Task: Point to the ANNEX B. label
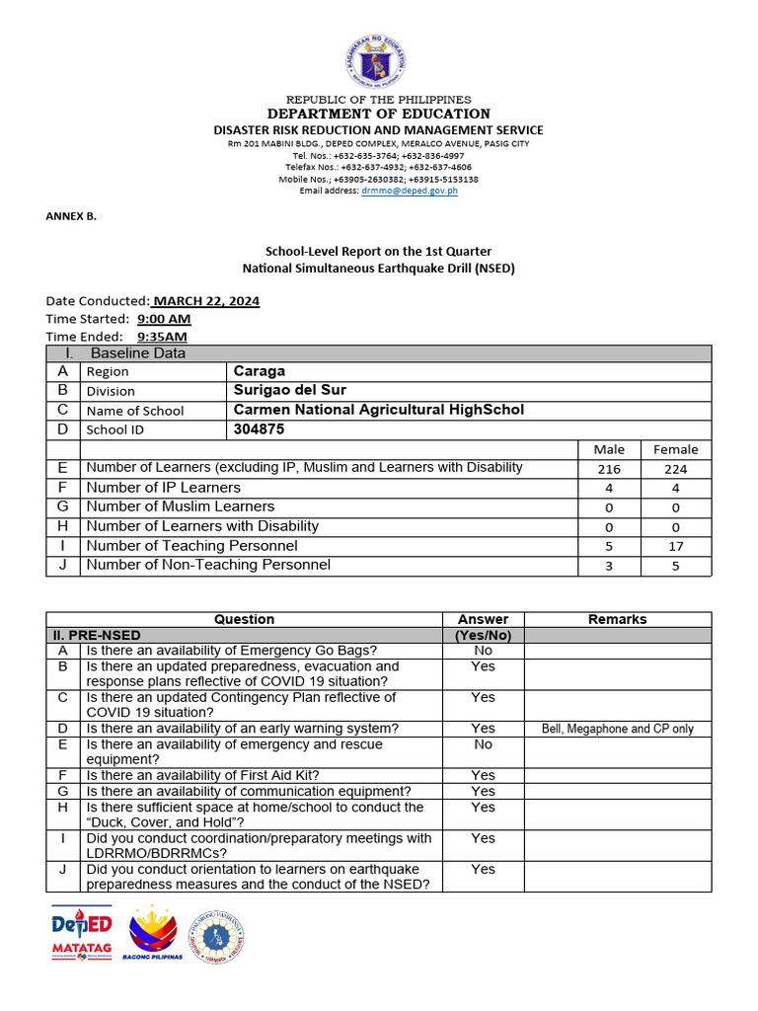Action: (71, 215)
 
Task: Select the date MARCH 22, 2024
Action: (206, 301)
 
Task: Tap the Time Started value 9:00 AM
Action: (164, 319)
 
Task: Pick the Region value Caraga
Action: (259, 371)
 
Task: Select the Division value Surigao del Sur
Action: (290, 390)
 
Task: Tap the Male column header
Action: (609, 449)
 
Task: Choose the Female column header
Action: (675, 449)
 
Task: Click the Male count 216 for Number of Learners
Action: (609, 469)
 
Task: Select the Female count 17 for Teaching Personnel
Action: (675, 546)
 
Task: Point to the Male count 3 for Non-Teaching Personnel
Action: (609, 566)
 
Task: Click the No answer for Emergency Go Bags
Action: (483, 651)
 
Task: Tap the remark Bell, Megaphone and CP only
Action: (618, 729)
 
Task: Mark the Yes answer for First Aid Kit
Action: (483, 775)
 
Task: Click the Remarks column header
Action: (617, 619)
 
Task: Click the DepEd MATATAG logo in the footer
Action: (82, 932)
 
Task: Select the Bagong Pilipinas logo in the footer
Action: (152, 934)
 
